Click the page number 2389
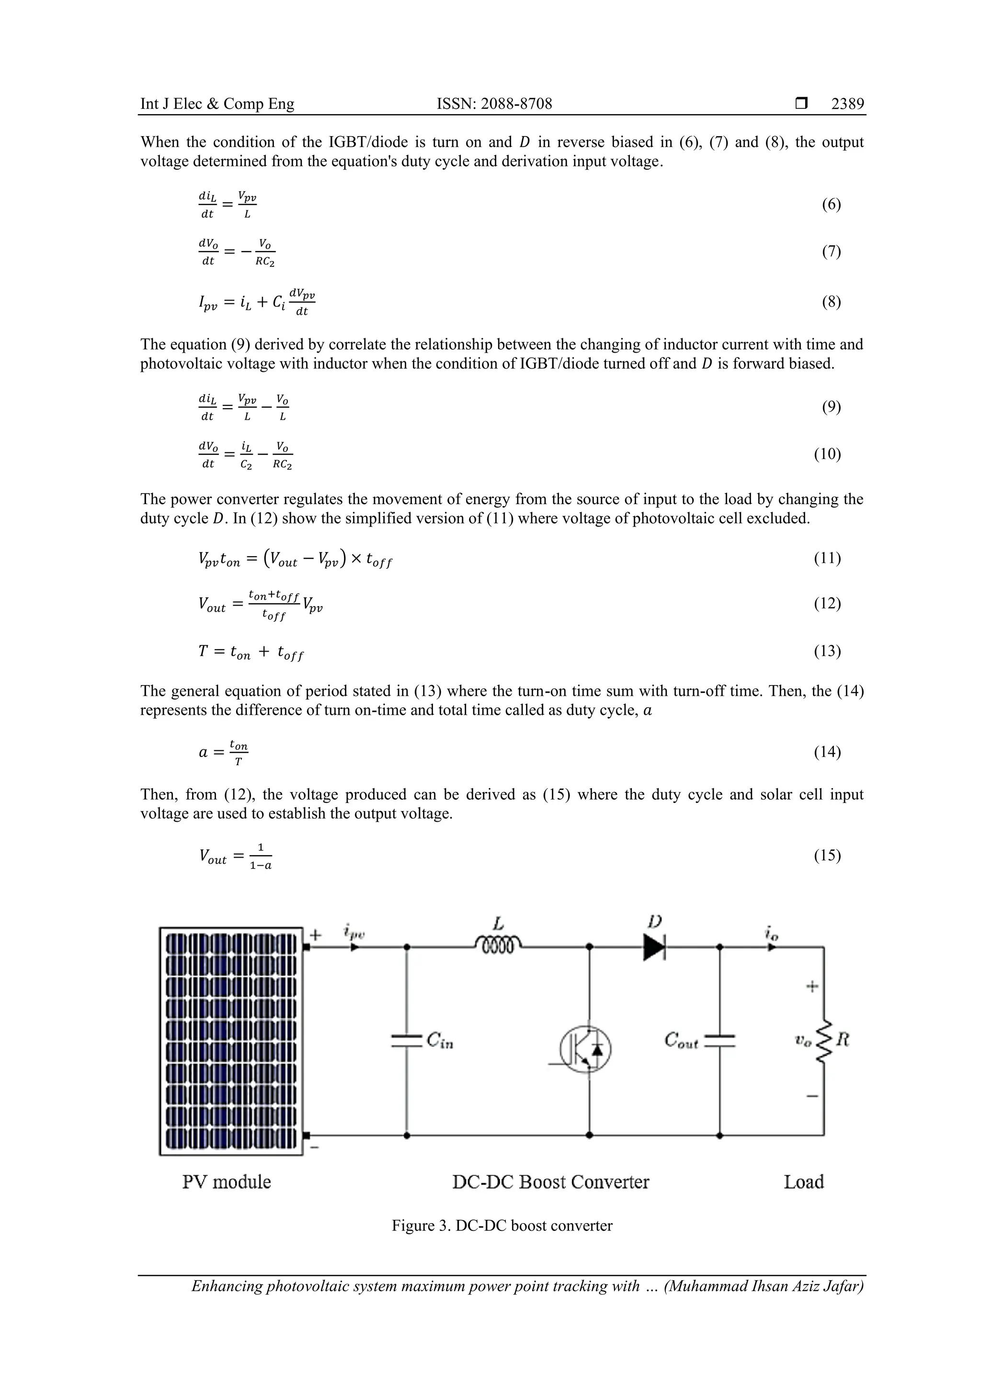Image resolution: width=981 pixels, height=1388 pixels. pos(847,104)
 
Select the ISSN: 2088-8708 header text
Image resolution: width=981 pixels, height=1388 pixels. pos(494,104)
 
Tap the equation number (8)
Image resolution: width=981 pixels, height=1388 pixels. pos(831,302)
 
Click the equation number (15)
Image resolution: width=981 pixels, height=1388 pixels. pos(827,855)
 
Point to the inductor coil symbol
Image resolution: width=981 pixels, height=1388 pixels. pos(498,945)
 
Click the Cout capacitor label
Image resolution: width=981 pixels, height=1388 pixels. pos(681,1040)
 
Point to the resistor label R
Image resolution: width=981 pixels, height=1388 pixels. pos(843,1040)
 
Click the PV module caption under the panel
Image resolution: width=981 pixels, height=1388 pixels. pos(227,1182)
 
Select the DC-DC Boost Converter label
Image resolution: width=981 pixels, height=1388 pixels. pos(550,1182)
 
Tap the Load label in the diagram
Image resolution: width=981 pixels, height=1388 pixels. pos(803,1182)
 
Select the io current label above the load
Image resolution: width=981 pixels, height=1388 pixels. pos(772,933)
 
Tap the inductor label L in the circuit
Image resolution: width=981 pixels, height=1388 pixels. pos(498,923)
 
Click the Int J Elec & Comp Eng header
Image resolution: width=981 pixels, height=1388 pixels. pos(217,104)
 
